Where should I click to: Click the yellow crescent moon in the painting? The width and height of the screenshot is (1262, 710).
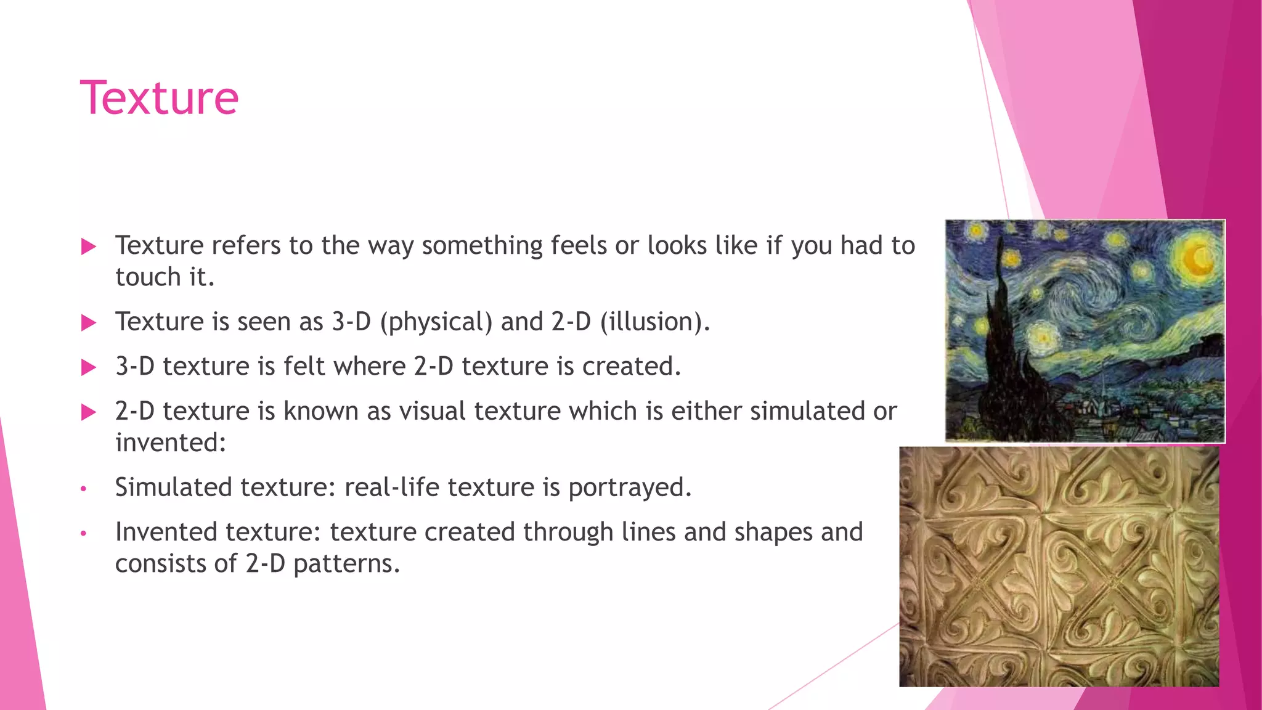point(1199,259)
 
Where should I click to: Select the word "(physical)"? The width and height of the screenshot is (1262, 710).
point(436,322)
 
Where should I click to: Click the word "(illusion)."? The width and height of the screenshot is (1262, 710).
point(655,322)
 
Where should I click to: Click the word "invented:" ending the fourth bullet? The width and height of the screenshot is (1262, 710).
point(171,442)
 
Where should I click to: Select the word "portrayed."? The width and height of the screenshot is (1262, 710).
point(630,487)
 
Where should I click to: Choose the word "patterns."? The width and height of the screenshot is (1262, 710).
point(346,563)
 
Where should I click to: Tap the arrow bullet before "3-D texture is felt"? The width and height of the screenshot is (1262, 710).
point(89,367)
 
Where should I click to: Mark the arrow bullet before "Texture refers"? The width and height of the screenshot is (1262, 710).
point(89,247)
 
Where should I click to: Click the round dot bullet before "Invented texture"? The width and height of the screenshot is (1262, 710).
point(84,533)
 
